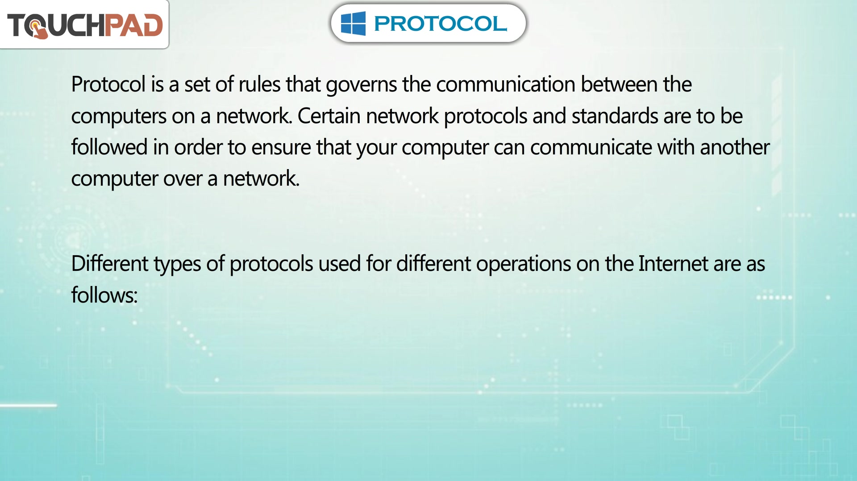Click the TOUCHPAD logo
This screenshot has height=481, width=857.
(85, 25)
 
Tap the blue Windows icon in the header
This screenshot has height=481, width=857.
(353, 23)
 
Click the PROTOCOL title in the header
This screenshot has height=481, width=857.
(440, 24)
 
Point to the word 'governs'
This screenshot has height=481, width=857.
(362, 85)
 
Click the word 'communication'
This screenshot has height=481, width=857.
(506, 84)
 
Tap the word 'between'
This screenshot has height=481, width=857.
(619, 84)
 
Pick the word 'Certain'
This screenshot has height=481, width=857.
(329, 116)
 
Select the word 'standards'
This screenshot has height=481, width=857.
(615, 116)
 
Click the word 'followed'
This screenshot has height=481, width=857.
(109, 147)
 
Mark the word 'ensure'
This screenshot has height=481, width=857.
(281, 148)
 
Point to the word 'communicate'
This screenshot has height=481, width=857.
(591, 148)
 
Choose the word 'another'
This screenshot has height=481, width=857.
(735, 147)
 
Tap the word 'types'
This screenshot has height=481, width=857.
(177, 264)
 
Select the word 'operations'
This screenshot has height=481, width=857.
(524, 264)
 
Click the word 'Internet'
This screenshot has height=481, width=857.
(673, 264)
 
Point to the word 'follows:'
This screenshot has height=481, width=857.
(104, 295)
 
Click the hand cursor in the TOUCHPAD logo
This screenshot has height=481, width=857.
(39, 29)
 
